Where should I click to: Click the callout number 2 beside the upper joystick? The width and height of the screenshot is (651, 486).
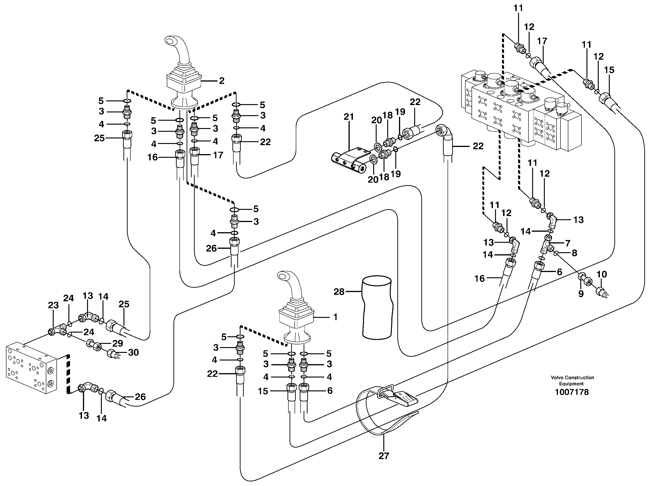tap(222, 81)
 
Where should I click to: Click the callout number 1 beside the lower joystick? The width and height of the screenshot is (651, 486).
tap(335, 317)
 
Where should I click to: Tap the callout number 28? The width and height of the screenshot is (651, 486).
tap(339, 292)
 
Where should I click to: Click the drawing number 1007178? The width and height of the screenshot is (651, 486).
tap(572, 392)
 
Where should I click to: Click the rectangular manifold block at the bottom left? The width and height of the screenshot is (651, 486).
tap(31, 368)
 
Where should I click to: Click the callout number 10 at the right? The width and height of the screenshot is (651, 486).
tap(601, 275)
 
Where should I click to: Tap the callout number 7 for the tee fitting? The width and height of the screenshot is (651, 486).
tap(567, 243)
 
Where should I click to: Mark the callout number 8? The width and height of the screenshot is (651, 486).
tap(574, 253)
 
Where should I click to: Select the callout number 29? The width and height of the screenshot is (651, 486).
tap(118, 343)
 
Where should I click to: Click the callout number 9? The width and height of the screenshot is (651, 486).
tap(581, 294)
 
